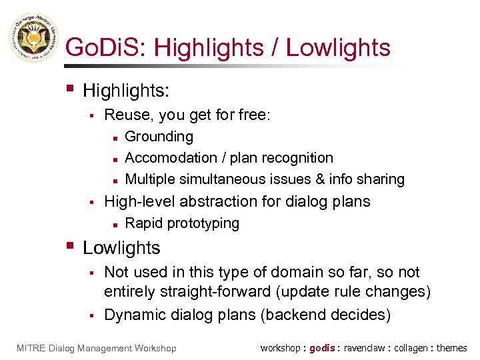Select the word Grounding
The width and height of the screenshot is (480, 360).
click(x=159, y=137)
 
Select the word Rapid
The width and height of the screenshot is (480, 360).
click(x=142, y=223)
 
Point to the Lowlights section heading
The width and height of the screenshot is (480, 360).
click(x=121, y=248)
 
